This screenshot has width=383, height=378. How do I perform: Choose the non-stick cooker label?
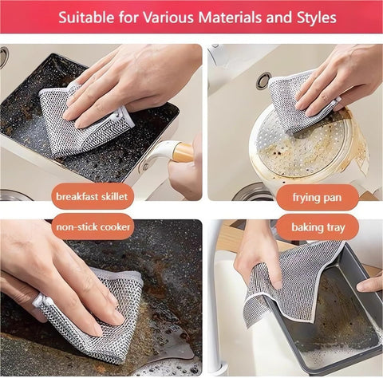[x=93, y=228]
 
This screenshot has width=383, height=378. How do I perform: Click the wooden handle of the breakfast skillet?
[x=183, y=150]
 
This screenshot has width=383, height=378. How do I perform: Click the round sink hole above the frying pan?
[x=263, y=80]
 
